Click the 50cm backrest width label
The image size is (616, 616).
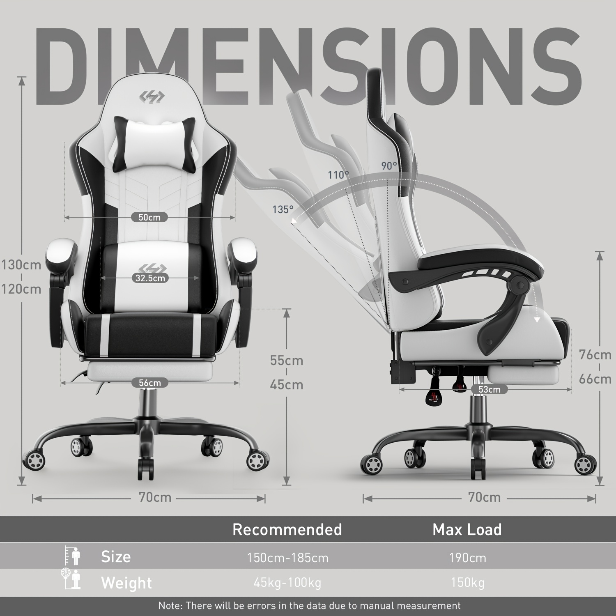click(149, 217)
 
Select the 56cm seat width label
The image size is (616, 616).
click(150, 383)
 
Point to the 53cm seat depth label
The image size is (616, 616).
click(489, 389)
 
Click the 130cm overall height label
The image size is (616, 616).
click(21, 265)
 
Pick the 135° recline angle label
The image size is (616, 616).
click(283, 209)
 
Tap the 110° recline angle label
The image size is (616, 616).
click(338, 175)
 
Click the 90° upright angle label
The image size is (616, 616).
click(389, 165)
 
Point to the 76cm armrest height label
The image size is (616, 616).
click(595, 354)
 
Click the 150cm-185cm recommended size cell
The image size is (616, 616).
click(287, 558)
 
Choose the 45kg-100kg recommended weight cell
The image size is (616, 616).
click(287, 583)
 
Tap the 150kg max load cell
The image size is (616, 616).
click(467, 583)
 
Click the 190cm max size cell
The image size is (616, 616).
click(467, 558)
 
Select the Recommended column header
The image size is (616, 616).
click(287, 530)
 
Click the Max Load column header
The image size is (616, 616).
click(467, 530)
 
